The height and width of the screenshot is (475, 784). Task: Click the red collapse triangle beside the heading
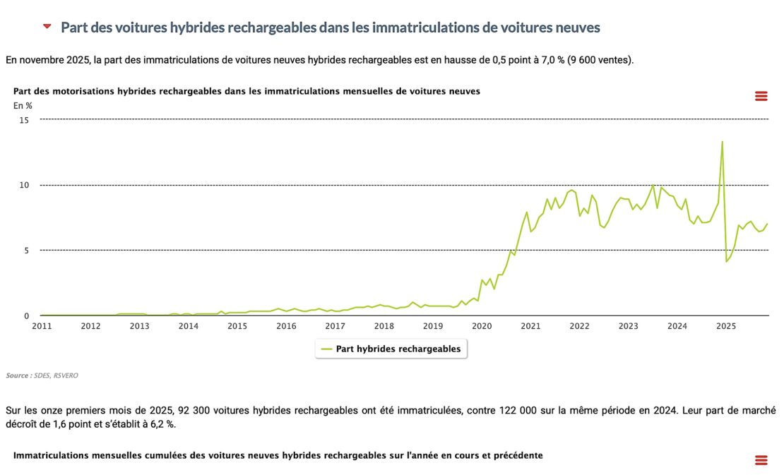pos(47,27)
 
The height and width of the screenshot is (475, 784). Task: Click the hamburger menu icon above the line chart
pos(761,96)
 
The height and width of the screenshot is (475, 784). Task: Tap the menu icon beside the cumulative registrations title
pos(761,460)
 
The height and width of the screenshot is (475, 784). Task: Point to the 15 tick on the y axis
pos(24,120)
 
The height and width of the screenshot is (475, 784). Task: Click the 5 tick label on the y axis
pos(26,250)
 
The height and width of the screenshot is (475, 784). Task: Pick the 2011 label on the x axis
pos(41,326)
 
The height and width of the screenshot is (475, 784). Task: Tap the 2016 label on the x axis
pos(286,326)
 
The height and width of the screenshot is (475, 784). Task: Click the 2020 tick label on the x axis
pos(482,326)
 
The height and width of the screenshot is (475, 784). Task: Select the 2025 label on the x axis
pos(726,326)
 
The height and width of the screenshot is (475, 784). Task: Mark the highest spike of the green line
pos(722,142)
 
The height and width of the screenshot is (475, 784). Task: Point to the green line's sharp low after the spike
pos(726,262)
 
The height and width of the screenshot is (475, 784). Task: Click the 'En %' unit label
pos(23,106)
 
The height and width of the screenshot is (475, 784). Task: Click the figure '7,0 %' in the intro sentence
pos(551,60)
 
